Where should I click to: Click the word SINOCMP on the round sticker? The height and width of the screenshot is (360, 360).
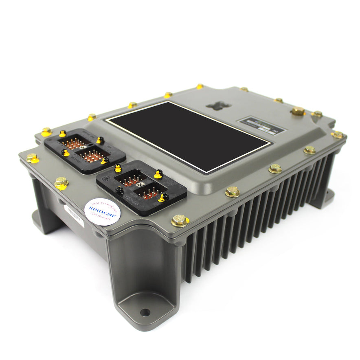[x=102, y=210]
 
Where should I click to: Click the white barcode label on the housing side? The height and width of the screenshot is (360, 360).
[x=74, y=215]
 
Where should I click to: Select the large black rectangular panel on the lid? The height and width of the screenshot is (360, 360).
[x=189, y=136]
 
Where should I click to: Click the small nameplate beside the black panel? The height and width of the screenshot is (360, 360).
[x=262, y=124]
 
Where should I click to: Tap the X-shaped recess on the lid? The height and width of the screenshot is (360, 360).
[x=218, y=105]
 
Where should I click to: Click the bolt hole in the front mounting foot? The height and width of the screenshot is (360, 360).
[x=145, y=313]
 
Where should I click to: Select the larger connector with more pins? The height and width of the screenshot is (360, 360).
[x=85, y=149]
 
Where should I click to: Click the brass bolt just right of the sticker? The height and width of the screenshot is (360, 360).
[x=179, y=220]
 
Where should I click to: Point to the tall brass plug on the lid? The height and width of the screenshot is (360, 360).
[x=298, y=111]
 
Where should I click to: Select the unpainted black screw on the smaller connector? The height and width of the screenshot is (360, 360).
[x=119, y=189]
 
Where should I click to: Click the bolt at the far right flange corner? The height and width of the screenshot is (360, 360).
[x=337, y=134]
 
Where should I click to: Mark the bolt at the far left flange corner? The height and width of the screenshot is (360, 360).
[x=32, y=158]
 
